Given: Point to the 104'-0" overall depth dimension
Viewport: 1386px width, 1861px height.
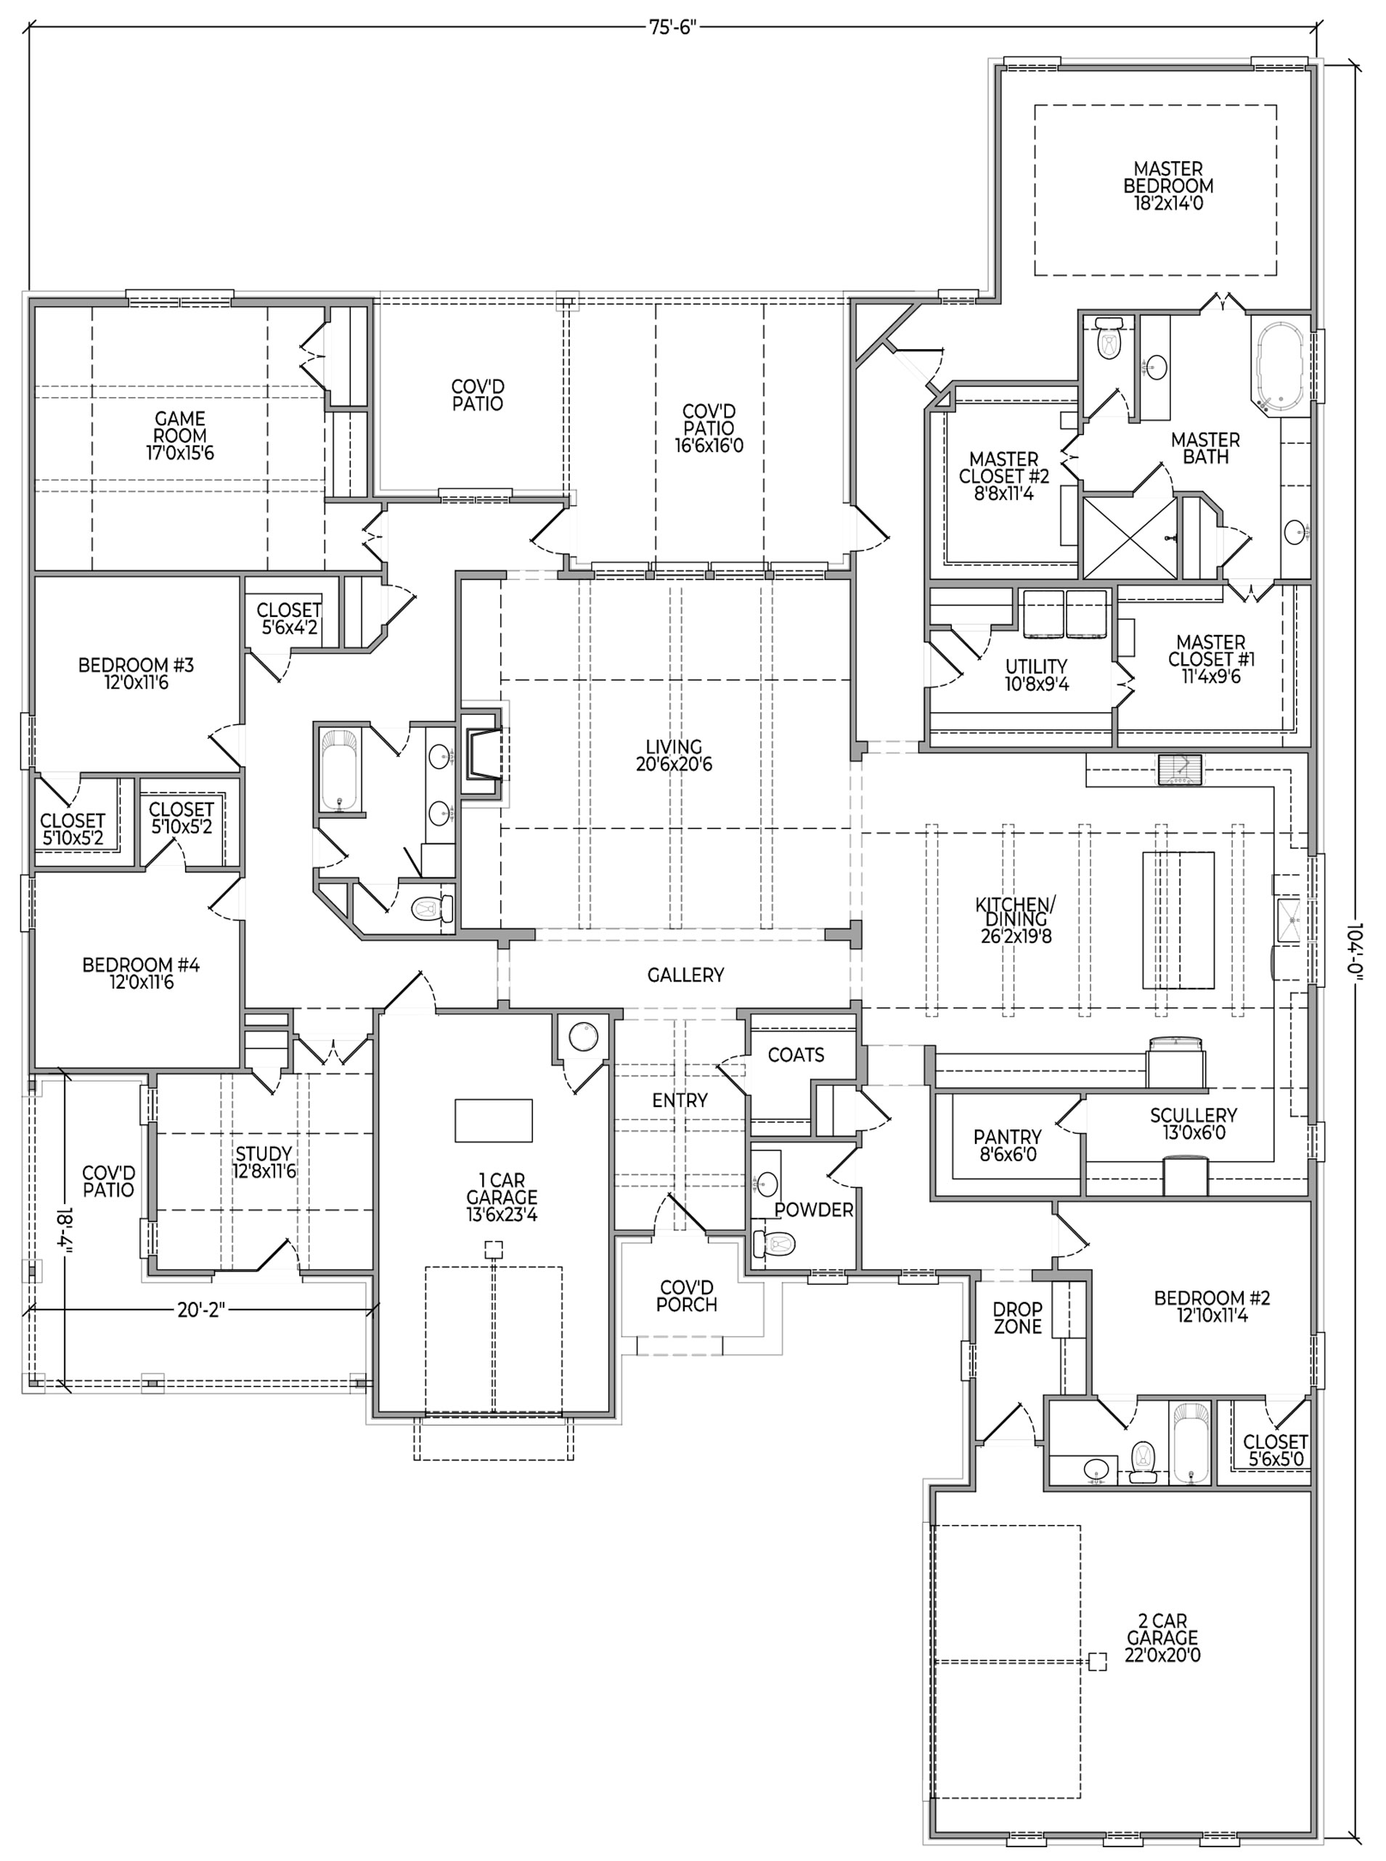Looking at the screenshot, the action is (x=1356, y=949).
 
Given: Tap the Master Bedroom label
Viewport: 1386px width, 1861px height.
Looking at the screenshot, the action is (x=1168, y=185).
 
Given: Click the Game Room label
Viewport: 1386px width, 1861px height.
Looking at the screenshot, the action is (x=180, y=435).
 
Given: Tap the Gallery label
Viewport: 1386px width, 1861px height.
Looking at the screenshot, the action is (x=685, y=975).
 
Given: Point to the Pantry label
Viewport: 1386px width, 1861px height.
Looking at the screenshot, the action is (x=1008, y=1145).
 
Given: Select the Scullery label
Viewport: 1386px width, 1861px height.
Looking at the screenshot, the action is (x=1193, y=1123).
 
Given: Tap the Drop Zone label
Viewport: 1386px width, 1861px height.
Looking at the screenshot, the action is (x=1017, y=1317).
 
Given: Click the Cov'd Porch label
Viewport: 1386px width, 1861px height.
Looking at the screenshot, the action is (x=686, y=1296).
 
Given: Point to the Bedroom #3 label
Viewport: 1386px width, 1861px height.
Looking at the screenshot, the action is (x=136, y=674).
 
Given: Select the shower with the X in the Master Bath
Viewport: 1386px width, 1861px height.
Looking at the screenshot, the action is (x=1130, y=538).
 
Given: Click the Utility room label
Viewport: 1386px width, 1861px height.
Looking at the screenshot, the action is (x=1037, y=675).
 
